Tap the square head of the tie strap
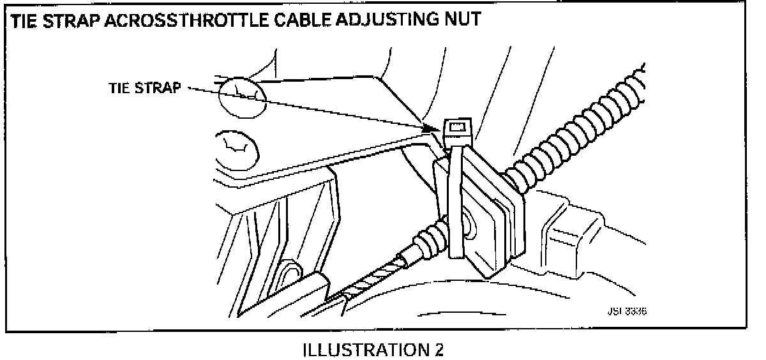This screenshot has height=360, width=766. coord(457,130)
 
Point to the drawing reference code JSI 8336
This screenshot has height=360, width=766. coord(622,312)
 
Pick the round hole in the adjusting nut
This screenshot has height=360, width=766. coord(469,223)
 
